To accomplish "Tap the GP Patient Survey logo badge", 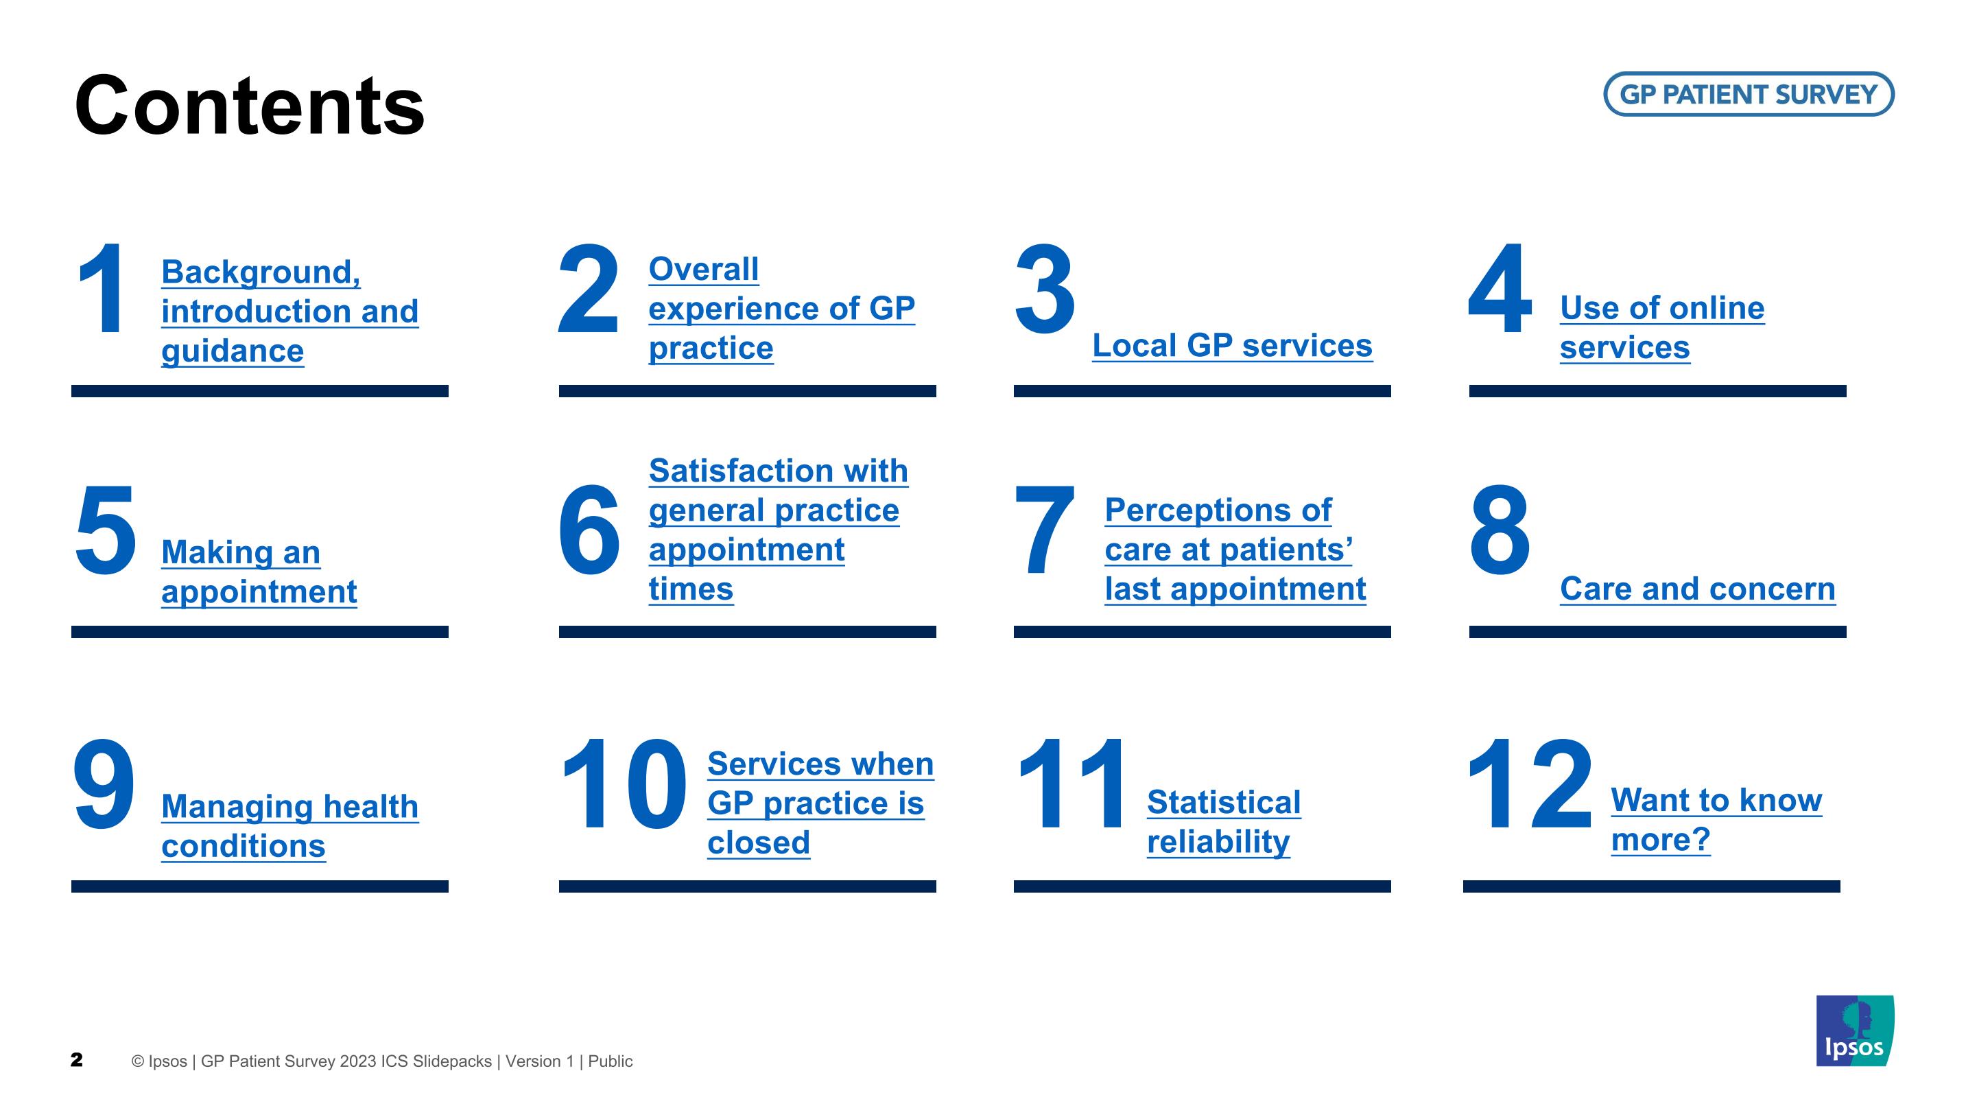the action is tap(1749, 94).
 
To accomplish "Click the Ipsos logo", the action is tap(1855, 1031).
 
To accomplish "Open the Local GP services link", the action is tap(1232, 346).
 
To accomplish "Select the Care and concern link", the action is tap(1697, 589).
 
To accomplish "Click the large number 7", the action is tap(1044, 529).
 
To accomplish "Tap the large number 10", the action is tap(624, 784).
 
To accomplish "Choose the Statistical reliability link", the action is tap(1223, 822).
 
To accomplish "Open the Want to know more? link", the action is tap(1716, 820).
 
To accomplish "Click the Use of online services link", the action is tap(1662, 327).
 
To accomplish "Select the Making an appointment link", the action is tap(259, 572).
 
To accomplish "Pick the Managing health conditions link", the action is tap(290, 826).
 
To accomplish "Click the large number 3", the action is tap(1045, 289).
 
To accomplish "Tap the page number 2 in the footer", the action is tap(76, 1059).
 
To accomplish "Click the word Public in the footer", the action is tap(610, 1061).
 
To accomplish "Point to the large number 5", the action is tap(106, 529).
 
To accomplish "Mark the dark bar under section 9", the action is tap(259, 886).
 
